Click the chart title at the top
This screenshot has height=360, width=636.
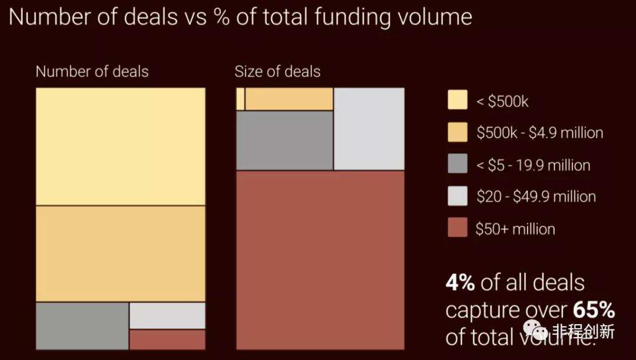[240, 16]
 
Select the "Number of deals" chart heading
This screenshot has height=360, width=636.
[92, 72]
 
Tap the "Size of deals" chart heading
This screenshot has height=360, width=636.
[277, 72]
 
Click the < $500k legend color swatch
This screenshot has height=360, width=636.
[458, 101]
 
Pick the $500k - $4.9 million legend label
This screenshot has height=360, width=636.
[539, 133]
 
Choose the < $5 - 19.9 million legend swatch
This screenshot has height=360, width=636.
[458, 164]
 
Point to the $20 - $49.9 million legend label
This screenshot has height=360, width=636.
[536, 196]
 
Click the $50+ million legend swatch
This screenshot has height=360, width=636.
[458, 227]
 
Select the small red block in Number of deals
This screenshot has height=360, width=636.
[167, 339]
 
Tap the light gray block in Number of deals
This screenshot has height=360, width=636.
[167, 316]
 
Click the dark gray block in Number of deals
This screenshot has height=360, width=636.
[82, 326]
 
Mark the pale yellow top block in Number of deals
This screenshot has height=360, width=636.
[121, 147]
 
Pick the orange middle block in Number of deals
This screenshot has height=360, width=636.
[121, 254]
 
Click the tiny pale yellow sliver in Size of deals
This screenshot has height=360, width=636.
[240, 99]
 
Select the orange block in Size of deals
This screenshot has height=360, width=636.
[289, 99]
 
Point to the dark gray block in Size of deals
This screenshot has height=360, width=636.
[284, 140]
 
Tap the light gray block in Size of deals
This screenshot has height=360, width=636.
[369, 128]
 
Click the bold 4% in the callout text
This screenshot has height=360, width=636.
[460, 283]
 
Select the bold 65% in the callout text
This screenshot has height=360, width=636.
[591, 310]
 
